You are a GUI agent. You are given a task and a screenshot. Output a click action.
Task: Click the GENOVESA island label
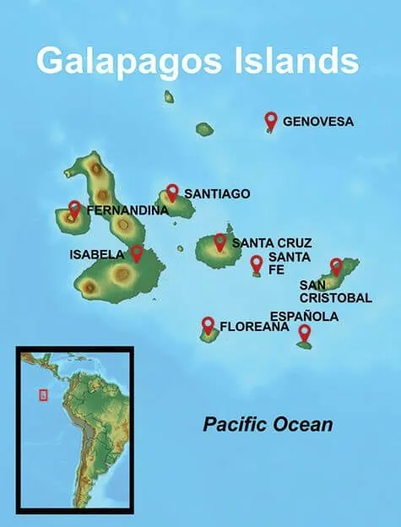317,122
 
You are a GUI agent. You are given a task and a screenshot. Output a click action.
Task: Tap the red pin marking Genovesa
271,121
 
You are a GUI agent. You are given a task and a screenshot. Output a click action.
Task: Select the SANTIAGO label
217,193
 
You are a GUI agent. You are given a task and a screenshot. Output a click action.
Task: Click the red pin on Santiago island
172,193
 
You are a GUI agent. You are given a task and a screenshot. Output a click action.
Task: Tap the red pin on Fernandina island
74,209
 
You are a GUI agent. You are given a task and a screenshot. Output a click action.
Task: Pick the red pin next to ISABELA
137,253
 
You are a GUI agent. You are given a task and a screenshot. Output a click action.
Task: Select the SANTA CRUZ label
272,243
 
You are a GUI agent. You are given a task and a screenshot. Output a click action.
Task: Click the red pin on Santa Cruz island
220,242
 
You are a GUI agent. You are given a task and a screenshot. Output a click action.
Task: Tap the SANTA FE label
279,263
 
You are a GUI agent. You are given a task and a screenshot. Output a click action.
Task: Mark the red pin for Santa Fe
257,263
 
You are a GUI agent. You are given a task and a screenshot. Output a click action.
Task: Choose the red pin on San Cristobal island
336,266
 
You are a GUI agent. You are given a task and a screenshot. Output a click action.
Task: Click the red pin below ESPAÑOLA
305,333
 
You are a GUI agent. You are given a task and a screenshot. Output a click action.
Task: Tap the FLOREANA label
254,326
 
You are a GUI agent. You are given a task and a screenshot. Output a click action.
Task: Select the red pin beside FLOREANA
208,324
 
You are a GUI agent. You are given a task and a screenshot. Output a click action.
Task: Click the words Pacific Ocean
268,424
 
